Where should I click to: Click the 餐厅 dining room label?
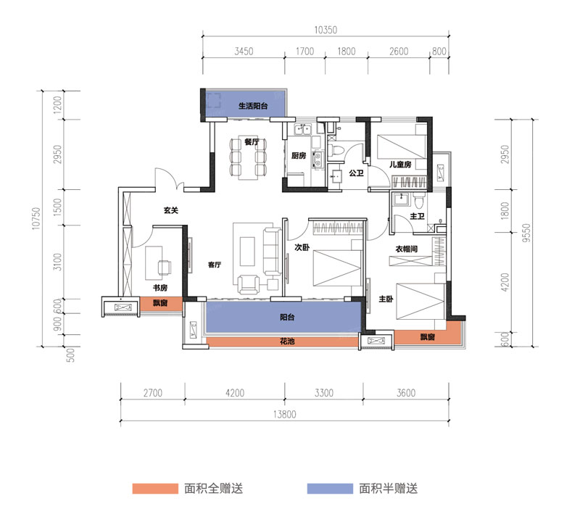point(252,142)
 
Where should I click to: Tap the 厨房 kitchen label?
point(298,156)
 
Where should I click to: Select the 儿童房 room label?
point(399,165)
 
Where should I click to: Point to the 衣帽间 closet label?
point(406,249)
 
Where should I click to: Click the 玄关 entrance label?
point(170,211)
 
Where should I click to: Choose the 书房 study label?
point(160,287)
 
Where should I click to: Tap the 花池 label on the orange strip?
point(288,342)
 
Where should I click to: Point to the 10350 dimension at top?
point(326,30)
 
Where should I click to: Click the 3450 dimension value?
point(244,51)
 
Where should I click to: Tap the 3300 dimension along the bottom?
point(323,394)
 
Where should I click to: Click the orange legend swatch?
point(154,489)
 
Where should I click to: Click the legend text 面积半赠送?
point(389,489)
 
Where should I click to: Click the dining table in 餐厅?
point(246,157)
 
